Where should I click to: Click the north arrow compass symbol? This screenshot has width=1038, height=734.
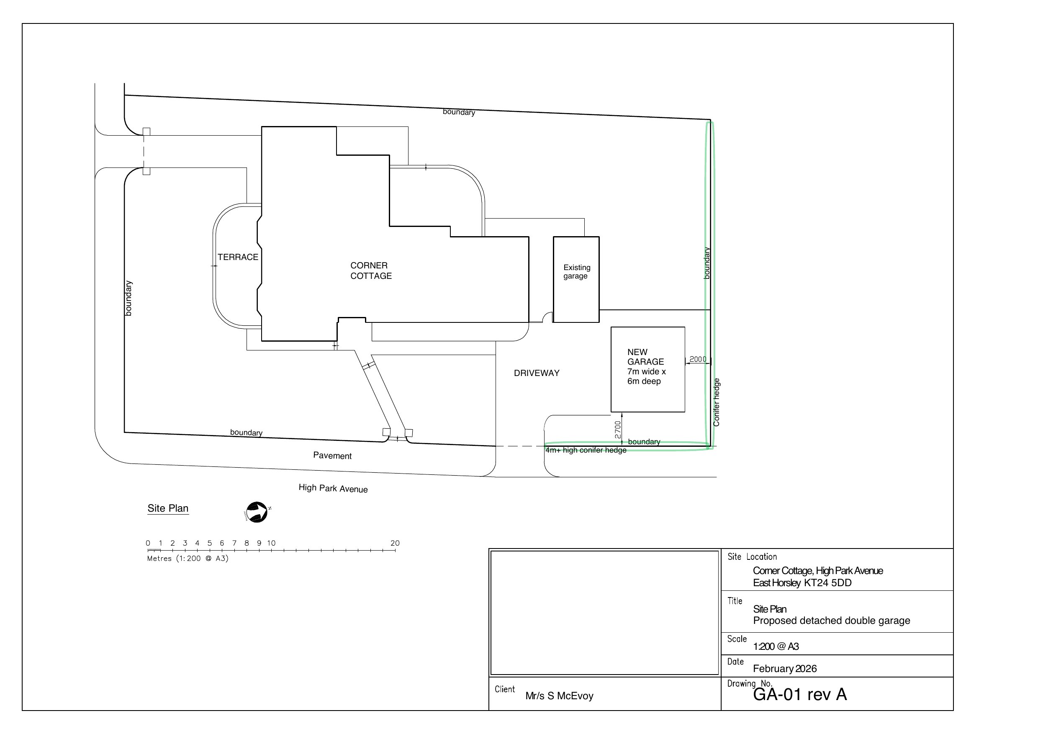[x=257, y=512]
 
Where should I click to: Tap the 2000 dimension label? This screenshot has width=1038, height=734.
[x=698, y=359]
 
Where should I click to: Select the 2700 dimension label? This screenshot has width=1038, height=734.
[x=617, y=430]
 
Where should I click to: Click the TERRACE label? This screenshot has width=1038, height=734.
[x=238, y=257]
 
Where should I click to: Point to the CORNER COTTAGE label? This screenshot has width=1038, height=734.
[x=371, y=270]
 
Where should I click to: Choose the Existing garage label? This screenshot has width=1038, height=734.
[x=576, y=271]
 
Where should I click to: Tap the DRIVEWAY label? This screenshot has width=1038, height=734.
[x=537, y=373]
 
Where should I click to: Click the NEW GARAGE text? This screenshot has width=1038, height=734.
[x=645, y=357]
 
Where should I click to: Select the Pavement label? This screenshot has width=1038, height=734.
[x=332, y=456]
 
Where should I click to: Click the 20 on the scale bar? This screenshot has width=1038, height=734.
[x=395, y=543]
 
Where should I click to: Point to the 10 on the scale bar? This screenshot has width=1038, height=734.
[x=271, y=543]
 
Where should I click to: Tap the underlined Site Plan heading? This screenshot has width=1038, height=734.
[x=168, y=508]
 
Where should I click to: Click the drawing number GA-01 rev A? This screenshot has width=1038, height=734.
[x=800, y=694]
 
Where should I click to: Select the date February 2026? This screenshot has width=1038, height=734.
[x=785, y=668]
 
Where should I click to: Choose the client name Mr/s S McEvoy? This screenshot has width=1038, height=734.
[x=559, y=696]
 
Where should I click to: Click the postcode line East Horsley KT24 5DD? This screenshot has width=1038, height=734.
[x=802, y=583]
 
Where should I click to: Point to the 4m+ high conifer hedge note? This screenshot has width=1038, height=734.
[x=586, y=450]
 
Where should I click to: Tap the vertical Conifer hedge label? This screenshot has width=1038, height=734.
[x=717, y=402]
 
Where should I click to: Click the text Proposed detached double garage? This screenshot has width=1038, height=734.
[x=831, y=621]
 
